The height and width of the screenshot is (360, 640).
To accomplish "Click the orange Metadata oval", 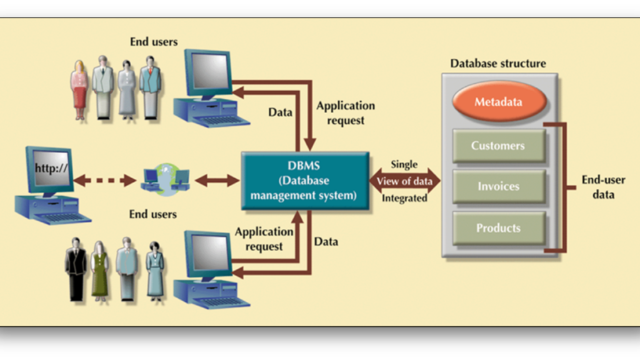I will click(497, 102).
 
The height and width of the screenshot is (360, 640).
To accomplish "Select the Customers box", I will click(498, 146).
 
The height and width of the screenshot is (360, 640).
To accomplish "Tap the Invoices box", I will click(498, 186).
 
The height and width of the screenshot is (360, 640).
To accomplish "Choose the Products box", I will click(498, 228).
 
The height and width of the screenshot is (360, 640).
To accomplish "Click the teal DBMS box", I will click(304, 181).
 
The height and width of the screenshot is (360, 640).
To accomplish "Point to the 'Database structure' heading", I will click(497, 63).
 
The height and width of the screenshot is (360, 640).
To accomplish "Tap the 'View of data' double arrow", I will click(404, 181).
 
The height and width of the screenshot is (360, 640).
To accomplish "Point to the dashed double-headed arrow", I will click(105, 181).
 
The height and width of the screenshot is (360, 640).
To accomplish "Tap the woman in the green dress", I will click(100, 269).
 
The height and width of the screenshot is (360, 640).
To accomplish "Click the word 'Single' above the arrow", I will click(404, 164).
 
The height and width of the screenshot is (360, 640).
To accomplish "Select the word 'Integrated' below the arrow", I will click(404, 198).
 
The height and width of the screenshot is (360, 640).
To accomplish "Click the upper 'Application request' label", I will click(346, 113).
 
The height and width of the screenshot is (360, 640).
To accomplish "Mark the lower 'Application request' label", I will click(264, 239).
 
